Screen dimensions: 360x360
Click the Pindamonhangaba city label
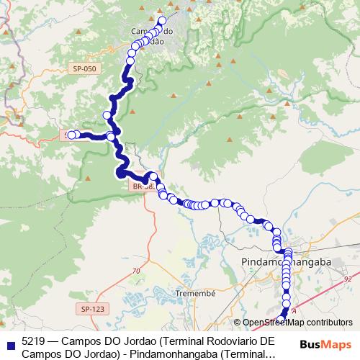pyautogui.click(x=286, y=262)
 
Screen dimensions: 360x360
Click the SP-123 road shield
pyautogui.click(x=93, y=309)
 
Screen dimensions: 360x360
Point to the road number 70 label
pyautogui.click(x=136, y=271)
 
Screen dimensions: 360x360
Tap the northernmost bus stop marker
pyautogui.click(x=163, y=21)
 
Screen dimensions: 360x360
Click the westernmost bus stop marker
pyautogui.click(x=71, y=135)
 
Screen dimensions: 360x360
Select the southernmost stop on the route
pyautogui.click(x=282, y=321)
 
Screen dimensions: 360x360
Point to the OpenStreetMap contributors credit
pyautogui.click(x=297, y=323)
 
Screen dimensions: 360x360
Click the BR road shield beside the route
pyautogui.click(x=142, y=186)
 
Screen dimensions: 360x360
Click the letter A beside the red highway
pyautogui.click(x=294, y=311)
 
